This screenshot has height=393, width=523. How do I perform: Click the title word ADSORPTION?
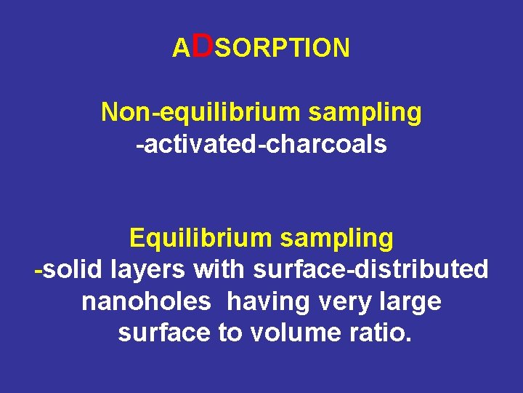click(261, 47)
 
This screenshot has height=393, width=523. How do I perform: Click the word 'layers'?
click(148, 270)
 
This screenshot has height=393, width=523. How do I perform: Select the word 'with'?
click(220, 269)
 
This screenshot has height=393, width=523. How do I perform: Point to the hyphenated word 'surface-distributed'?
click(370, 269)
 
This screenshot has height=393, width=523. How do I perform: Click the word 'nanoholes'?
click(146, 301)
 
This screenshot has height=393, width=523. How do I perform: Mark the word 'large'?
click(411, 301)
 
